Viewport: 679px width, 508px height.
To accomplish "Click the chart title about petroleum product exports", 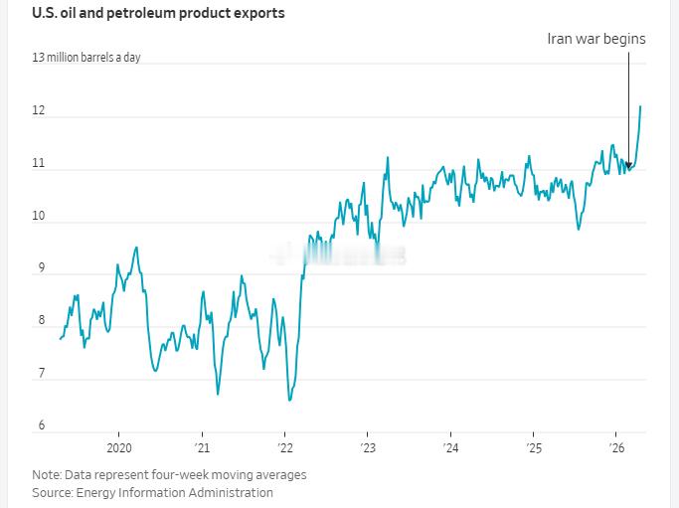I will pos(158,13).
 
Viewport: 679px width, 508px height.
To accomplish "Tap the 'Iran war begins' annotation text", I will pos(596,39).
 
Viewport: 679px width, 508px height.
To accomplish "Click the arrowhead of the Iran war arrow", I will pos(629,166).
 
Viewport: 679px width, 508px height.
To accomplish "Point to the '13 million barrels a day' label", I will pos(86,58).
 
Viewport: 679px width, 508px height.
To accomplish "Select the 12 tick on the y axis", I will pos(39,110).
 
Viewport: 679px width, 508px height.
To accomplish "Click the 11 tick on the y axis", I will pos(39,163).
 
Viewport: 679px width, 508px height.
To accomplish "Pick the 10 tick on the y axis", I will pos(39,216).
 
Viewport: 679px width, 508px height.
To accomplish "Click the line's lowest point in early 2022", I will pos(289,400).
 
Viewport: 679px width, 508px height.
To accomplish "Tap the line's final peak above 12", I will pos(640,106).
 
